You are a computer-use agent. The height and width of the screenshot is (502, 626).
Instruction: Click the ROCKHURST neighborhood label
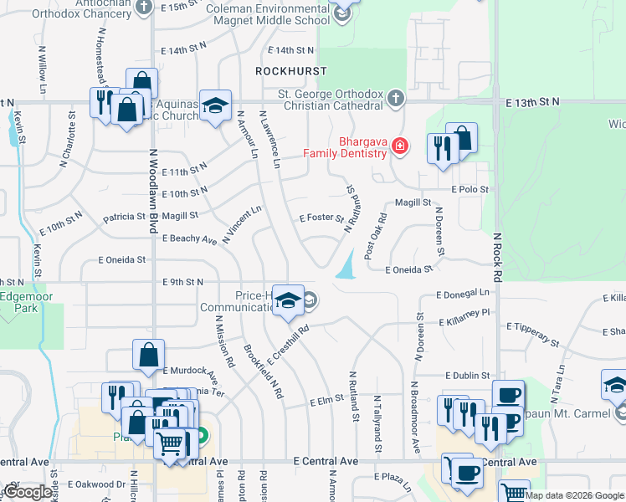291,71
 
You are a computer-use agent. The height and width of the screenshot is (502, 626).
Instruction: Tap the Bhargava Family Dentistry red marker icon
400,147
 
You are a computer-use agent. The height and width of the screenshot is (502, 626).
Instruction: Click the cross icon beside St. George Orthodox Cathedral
398,99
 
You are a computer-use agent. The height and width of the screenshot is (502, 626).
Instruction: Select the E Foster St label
321,218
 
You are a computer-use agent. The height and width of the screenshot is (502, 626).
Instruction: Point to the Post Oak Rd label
374,235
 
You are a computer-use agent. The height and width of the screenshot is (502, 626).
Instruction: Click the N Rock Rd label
496,251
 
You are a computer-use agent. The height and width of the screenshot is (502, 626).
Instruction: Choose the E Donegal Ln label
463,295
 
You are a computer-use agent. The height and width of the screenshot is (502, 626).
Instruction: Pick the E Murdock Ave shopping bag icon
148,353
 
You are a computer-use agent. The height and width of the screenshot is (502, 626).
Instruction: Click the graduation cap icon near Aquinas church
215,105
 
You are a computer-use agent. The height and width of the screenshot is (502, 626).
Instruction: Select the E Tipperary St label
523,334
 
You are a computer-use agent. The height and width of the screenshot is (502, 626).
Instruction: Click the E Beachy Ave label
190,239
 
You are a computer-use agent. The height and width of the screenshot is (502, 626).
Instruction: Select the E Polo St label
469,190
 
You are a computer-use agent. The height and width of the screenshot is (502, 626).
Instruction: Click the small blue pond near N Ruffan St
346,268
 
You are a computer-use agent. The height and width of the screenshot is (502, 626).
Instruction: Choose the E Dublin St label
467,376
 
